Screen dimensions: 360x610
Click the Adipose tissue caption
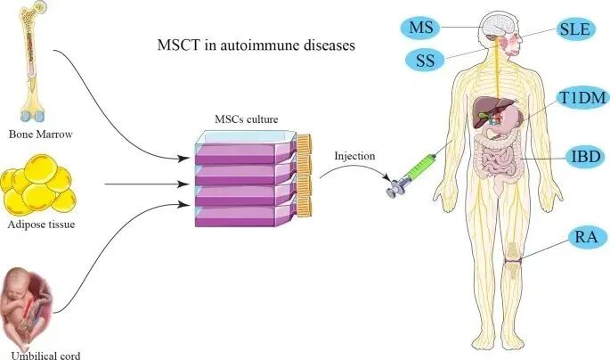click(40, 225)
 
